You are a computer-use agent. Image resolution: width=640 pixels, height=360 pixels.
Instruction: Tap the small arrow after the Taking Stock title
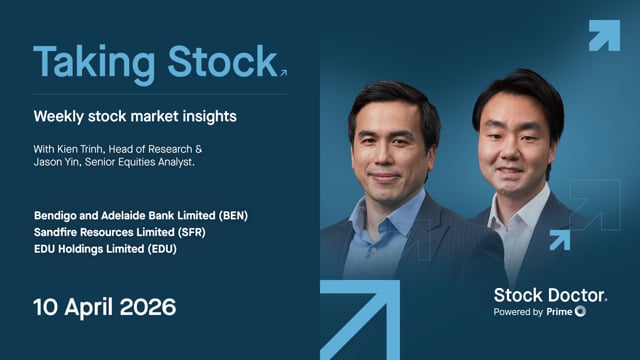pyautogui.click(x=283, y=73)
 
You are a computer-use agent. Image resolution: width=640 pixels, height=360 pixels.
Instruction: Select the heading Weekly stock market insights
pyautogui.click(x=135, y=116)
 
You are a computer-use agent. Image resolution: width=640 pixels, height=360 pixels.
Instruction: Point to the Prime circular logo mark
pyautogui.click(x=580, y=312)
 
